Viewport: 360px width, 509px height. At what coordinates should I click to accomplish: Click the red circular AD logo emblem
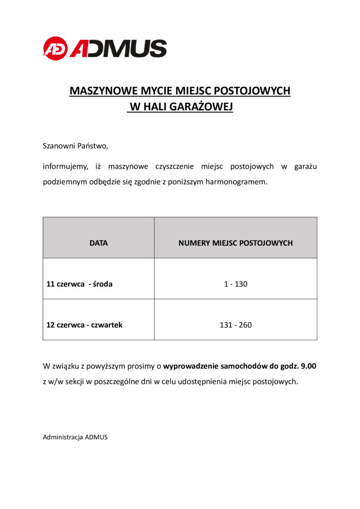coord(55,48)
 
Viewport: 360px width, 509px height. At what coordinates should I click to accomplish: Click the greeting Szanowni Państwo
coord(75,147)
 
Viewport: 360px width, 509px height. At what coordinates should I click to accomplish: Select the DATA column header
coord(98,243)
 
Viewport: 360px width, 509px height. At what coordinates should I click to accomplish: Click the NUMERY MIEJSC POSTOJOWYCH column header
coord(235,243)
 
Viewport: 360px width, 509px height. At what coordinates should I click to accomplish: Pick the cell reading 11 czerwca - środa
coord(80,284)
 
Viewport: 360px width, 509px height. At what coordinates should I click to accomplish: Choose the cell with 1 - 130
coord(235,284)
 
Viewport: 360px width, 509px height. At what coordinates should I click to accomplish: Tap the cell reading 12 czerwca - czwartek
coord(85,325)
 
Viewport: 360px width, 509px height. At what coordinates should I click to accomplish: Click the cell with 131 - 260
coord(235,325)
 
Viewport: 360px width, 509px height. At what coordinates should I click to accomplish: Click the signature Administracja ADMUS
coord(75,437)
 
